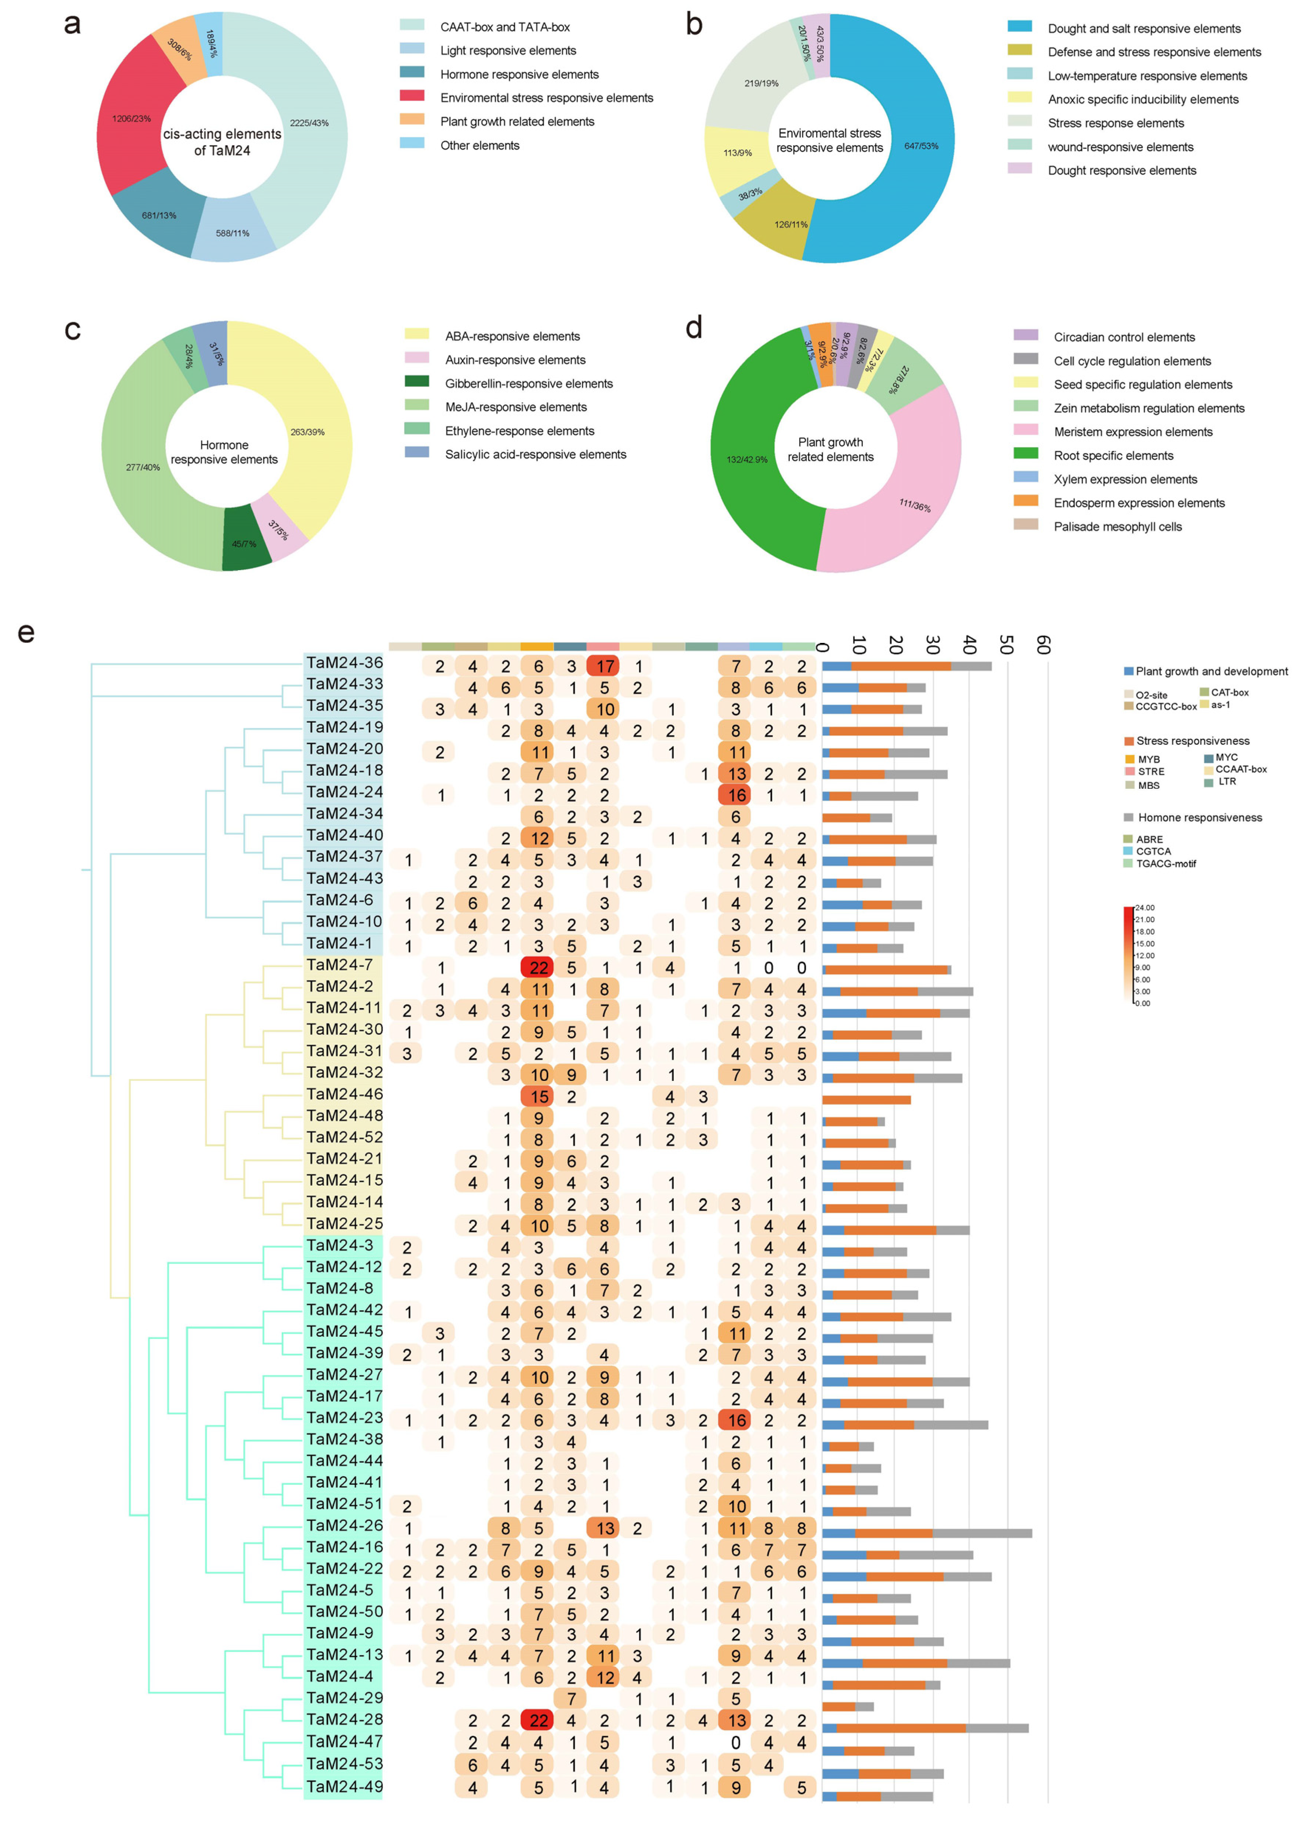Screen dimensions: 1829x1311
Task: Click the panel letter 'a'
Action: [x=72, y=24]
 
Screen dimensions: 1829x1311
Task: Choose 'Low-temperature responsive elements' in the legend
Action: [x=1146, y=76]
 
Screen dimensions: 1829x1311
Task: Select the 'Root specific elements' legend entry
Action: [x=1113, y=456]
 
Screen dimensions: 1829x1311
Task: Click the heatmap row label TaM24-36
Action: [x=344, y=663]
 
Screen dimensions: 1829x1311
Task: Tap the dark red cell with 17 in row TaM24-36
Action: [x=605, y=666]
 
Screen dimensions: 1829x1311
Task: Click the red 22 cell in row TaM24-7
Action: [x=538, y=967]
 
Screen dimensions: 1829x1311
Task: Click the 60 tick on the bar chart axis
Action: [x=1043, y=645]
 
